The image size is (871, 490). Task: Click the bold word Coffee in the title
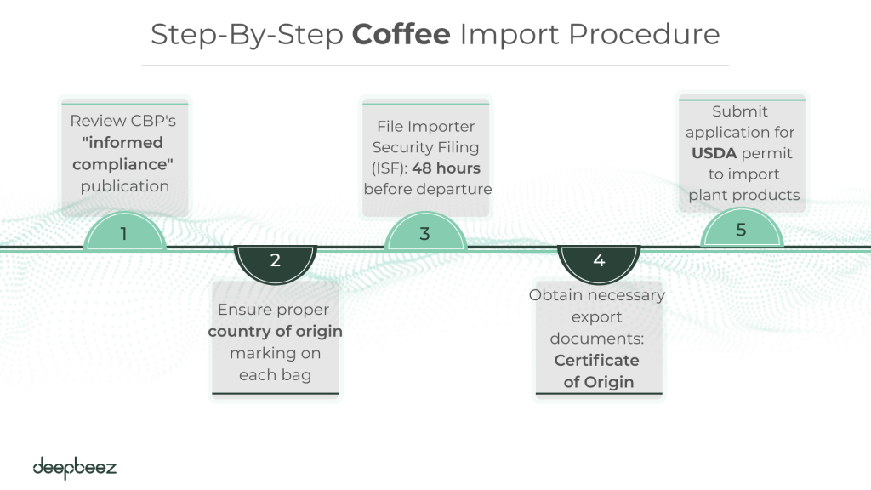pyautogui.click(x=401, y=35)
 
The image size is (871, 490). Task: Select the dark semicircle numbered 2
pyautogui.click(x=275, y=261)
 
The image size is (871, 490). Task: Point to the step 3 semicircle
pyautogui.click(x=425, y=233)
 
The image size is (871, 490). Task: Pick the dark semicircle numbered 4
pyautogui.click(x=599, y=261)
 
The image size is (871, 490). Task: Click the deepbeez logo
pyautogui.click(x=75, y=467)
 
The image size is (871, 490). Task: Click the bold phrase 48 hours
pyautogui.click(x=446, y=168)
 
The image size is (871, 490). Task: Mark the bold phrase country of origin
pyautogui.click(x=275, y=331)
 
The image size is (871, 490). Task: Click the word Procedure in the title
pyautogui.click(x=644, y=35)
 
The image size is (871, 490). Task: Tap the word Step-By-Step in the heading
pyautogui.click(x=248, y=35)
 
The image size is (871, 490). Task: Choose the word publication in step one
pyautogui.click(x=125, y=185)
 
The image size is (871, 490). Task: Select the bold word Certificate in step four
pyautogui.click(x=597, y=360)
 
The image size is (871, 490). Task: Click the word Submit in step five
pyautogui.click(x=740, y=111)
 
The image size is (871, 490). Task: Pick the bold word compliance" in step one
pyautogui.click(x=124, y=164)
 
